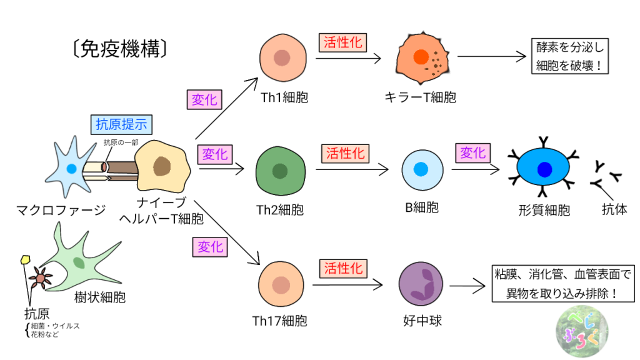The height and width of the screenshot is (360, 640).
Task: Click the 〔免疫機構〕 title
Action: (118, 49)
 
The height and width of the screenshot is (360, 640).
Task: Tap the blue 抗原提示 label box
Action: (121, 124)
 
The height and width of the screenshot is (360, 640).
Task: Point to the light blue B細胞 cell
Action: (421, 169)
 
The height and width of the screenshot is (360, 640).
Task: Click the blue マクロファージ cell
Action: (71, 167)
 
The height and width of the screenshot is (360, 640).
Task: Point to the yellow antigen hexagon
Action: (26, 258)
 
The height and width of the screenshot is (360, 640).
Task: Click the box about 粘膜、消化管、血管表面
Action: (563, 283)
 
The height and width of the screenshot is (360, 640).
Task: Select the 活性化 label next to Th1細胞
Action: (342, 42)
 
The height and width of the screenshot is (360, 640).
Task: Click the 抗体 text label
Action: (614, 209)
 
